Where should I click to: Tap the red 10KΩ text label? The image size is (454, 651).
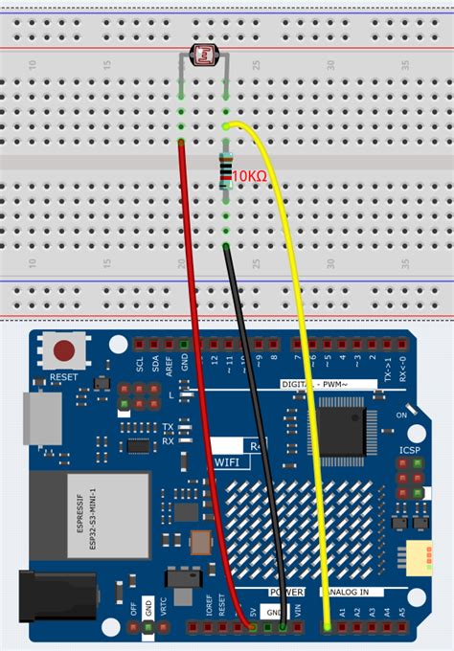[249, 176]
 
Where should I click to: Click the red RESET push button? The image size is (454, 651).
[65, 351]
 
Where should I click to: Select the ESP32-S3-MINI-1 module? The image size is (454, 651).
[88, 515]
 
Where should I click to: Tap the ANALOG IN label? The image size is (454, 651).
[356, 593]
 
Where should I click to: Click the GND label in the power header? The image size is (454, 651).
[275, 612]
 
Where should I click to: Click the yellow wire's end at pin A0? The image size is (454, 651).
[328, 628]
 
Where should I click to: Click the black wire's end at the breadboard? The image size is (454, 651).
[226, 247]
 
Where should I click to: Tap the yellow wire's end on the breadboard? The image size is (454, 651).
[226, 125]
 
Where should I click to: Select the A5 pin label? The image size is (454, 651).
[402, 611]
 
